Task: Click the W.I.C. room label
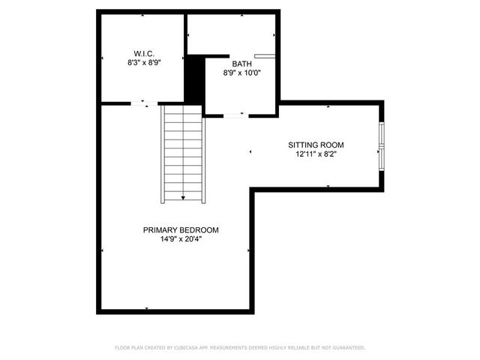coord(144,53)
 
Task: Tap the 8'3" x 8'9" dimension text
coord(144,63)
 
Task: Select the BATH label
coord(241,64)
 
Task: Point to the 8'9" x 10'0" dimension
coord(241,73)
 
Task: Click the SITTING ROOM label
coord(316,145)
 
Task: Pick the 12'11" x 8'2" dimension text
coord(316,154)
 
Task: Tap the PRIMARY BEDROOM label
coord(181,230)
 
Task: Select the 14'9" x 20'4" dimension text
coord(181,240)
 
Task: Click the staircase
coord(183,154)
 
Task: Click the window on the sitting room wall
coord(382,145)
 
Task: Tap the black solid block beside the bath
coord(194,81)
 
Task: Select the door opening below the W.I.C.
coord(145,103)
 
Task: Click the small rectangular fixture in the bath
coord(263,55)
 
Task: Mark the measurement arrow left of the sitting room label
coord(250,151)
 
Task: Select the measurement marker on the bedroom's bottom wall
coord(146,308)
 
